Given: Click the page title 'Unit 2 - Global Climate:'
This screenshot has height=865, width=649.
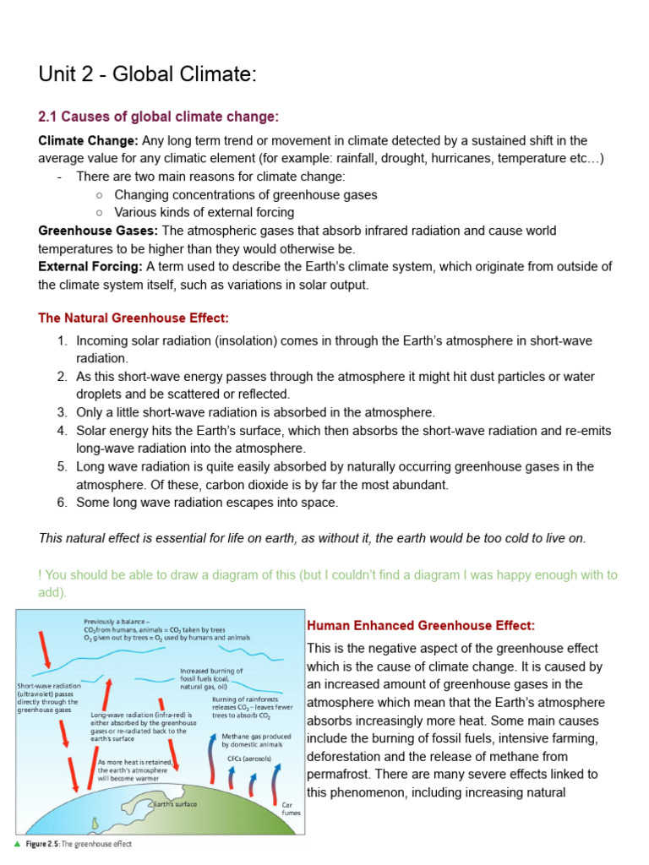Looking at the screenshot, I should [146, 74].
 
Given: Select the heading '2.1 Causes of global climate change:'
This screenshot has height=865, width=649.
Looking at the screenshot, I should [158, 117].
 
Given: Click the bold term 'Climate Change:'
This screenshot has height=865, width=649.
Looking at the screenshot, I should [89, 140].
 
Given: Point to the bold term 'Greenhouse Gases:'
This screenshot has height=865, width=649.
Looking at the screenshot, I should [98, 231].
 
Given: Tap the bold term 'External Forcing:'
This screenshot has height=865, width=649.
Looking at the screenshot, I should [91, 267].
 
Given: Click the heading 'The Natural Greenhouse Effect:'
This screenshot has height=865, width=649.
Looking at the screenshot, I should [134, 318].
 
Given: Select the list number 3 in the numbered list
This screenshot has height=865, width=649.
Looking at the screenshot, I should [62, 412].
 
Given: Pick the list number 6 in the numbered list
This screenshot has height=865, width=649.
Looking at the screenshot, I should [62, 503].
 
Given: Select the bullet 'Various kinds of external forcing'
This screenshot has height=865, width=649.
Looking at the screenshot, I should [204, 213].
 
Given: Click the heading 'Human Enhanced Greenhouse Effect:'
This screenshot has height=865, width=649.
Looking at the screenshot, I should [420, 626].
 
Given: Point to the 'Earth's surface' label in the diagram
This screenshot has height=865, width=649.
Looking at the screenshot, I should [174, 804].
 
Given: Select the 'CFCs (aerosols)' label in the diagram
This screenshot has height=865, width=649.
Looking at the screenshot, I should [249, 759].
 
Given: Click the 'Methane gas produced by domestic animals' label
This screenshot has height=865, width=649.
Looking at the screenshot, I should [256, 741].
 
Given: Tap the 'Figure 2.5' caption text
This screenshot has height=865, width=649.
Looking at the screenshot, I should [78, 844].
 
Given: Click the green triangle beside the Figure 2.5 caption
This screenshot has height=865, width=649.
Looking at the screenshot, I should [17, 844].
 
